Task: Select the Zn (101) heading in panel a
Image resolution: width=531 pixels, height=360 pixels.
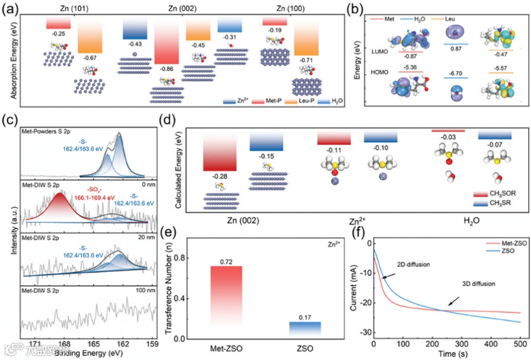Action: point(64,9)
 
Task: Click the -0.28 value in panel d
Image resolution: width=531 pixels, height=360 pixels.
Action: point(219,176)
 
